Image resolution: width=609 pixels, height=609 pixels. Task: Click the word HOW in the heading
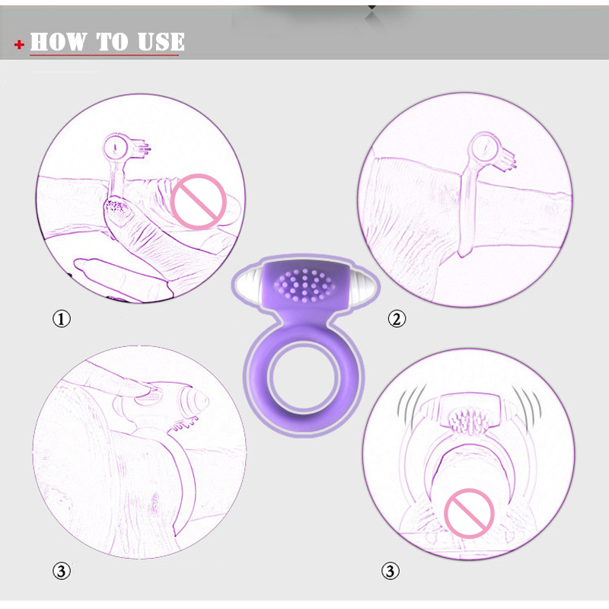pos(59,42)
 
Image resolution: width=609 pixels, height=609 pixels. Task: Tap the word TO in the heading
pos(112,42)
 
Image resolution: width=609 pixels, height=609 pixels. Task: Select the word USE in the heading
pos(161,42)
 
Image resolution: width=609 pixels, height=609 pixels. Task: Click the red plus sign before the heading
pos(19,45)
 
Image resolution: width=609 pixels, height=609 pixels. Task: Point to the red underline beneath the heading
pos(104,55)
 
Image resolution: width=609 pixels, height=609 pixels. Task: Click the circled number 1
pos(62,319)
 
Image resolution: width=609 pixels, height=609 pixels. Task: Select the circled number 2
pos(397,319)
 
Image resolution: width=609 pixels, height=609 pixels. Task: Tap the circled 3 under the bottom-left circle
pos(62,572)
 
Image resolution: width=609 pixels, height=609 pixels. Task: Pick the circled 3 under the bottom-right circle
pos(390,571)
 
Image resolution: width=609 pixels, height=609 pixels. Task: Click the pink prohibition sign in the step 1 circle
pos(199,202)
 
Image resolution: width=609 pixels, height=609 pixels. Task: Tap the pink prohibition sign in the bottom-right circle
pos(469,513)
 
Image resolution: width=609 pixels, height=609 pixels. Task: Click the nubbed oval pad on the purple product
pos(304,285)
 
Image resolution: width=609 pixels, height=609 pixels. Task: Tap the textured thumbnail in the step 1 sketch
pos(119,210)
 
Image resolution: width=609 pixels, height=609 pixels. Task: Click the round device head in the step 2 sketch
pos(484,147)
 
